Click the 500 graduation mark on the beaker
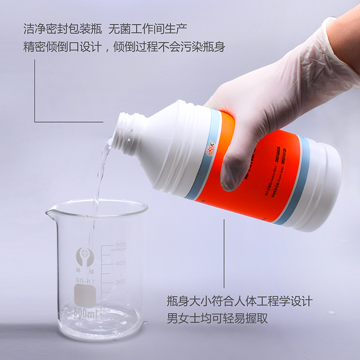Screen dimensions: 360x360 tap(120, 245)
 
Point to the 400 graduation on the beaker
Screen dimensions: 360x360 tap(120, 263)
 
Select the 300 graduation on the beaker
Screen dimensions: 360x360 tap(120, 282)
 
